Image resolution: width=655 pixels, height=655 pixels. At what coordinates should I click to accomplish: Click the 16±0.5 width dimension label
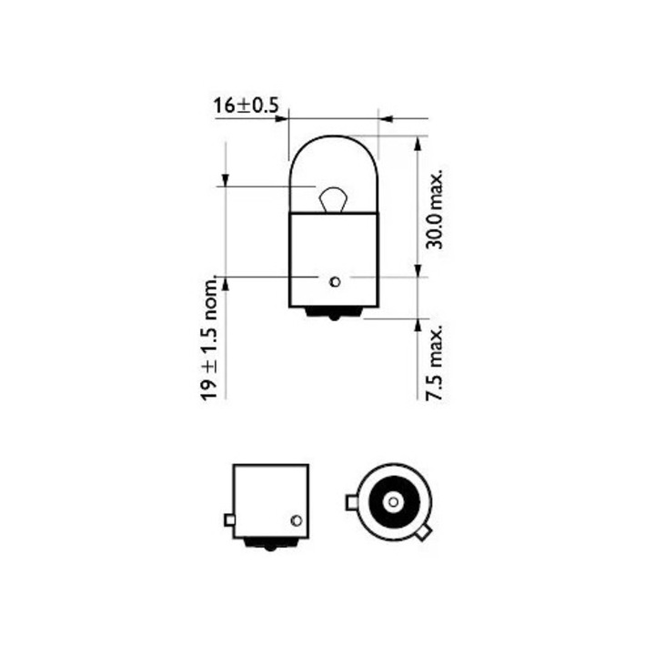click(246, 106)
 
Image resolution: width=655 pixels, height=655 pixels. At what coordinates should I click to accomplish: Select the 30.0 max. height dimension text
click(434, 209)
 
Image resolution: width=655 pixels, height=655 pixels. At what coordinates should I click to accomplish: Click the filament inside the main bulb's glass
click(333, 196)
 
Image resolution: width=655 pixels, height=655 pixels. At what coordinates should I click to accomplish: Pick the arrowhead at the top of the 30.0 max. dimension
click(418, 142)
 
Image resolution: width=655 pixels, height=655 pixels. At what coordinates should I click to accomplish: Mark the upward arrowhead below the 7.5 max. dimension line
click(418, 325)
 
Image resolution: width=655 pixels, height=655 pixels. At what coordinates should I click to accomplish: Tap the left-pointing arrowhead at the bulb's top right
click(386, 117)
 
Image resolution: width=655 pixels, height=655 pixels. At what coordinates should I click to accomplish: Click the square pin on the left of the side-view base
click(227, 520)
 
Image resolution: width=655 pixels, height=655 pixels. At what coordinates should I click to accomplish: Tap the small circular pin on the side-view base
click(295, 520)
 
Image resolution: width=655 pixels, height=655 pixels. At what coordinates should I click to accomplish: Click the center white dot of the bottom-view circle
click(392, 501)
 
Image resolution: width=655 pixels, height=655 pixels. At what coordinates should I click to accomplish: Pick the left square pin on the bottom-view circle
click(352, 501)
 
